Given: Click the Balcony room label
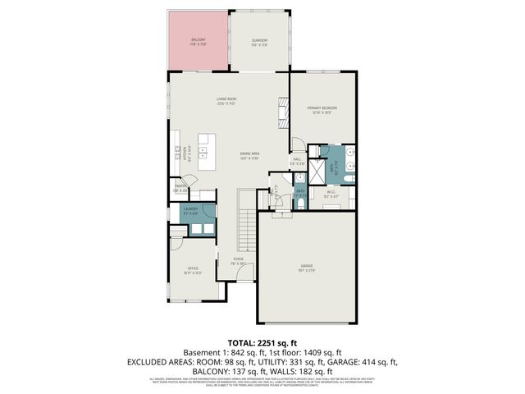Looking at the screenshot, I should click(199, 41).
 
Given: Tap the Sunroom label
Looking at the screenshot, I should click(259, 41).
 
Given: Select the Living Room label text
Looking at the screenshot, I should click(226, 102).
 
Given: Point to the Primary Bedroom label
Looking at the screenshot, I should click(322, 110).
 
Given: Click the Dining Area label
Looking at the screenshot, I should click(250, 155).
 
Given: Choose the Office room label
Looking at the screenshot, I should click(193, 270).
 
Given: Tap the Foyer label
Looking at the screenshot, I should click(239, 261).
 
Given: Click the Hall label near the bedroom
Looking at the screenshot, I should click(297, 162).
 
